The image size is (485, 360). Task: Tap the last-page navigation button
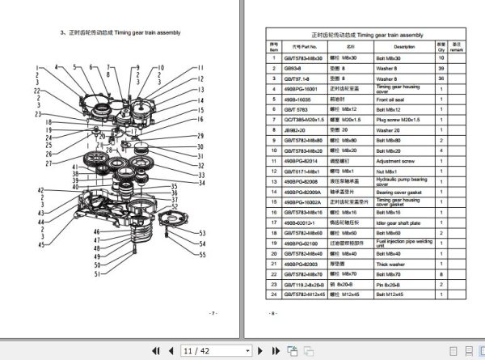pyautogui.click(x=260, y=351)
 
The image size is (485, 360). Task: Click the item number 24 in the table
pyautogui.click(x=274, y=294)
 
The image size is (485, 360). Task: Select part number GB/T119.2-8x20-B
pyautogui.click(x=301, y=285)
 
